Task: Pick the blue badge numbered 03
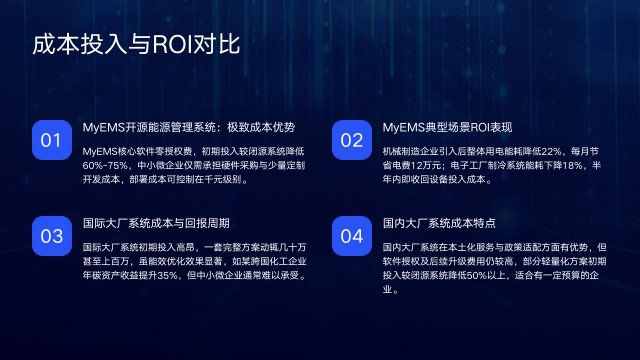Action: point(51,236)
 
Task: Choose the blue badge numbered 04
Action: point(351,236)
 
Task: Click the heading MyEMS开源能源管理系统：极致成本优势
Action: point(188,128)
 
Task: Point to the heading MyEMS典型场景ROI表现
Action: point(447,128)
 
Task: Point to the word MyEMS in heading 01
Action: point(103,128)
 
